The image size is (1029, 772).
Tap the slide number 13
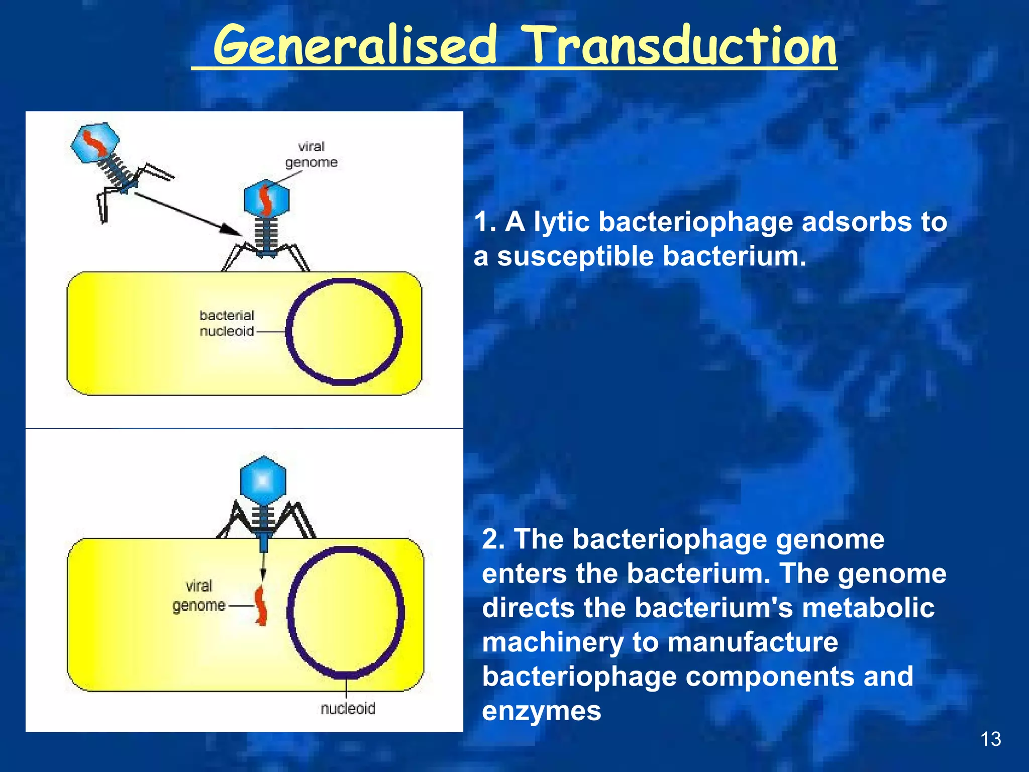(x=990, y=739)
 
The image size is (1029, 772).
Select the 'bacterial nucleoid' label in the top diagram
(x=227, y=323)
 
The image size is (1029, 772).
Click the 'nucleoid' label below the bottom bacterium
(x=348, y=708)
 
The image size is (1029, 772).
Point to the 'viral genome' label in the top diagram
(x=311, y=154)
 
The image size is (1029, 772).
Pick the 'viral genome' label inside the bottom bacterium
(x=199, y=596)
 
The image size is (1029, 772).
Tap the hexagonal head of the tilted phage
(x=94, y=143)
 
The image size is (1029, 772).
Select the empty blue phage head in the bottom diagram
(x=263, y=481)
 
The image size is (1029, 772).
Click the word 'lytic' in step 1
(x=561, y=222)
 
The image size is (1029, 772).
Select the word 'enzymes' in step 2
(x=542, y=711)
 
